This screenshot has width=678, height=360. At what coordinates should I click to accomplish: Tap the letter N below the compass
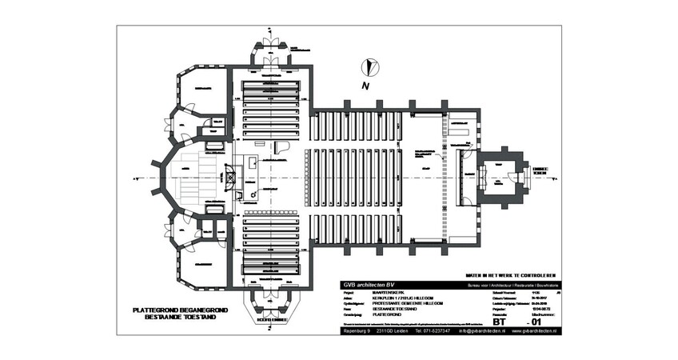(x=365, y=86)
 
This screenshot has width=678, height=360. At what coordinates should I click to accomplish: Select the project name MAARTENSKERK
(x=389, y=294)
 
